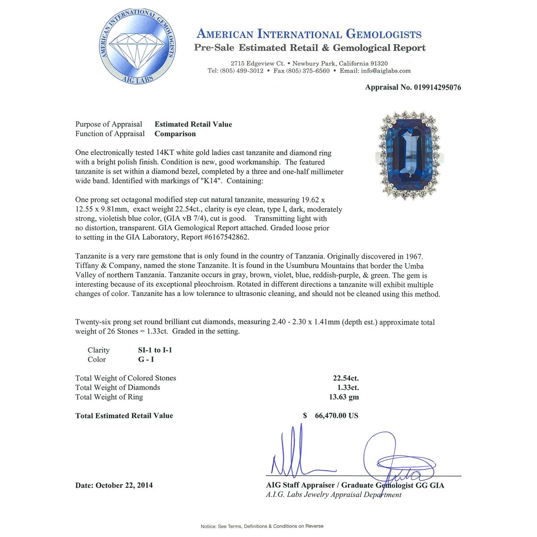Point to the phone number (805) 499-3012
(242, 71)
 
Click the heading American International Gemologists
(309, 34)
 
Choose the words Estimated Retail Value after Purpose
(193, 124)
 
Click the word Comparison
(175, 134)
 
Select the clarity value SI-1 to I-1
(155, 350)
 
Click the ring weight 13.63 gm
(344, 397)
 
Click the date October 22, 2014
(124, 485)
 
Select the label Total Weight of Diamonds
(118, 388)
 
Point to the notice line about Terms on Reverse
(262, 526)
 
